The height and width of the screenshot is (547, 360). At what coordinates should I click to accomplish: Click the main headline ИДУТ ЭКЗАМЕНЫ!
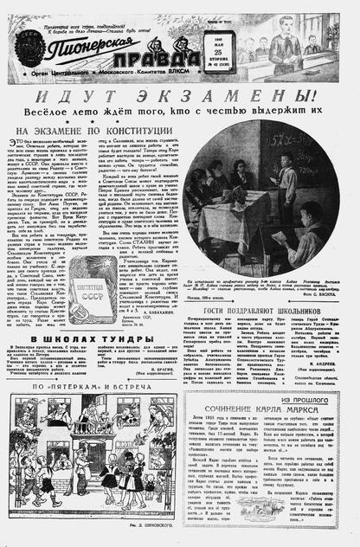tap(179, 93)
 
